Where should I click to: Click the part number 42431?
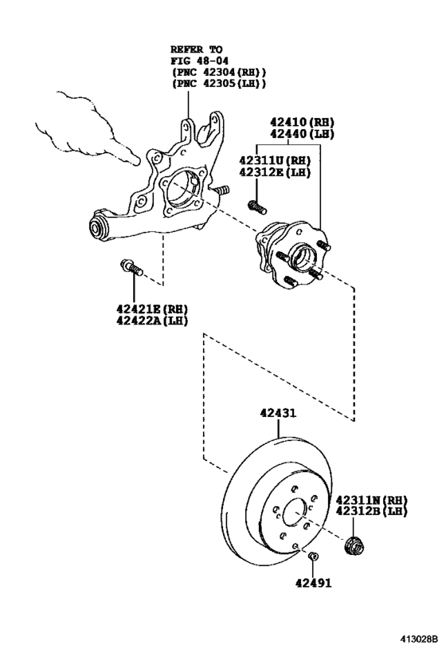click(x=277, y=413)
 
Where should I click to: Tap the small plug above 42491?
click(x=313, y=556)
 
